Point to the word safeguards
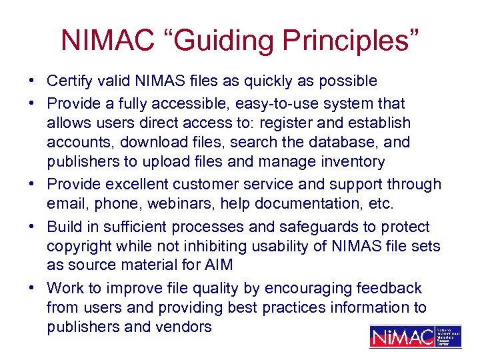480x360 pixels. [x=320, y=227]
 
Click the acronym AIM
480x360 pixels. [x=218, y=265]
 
